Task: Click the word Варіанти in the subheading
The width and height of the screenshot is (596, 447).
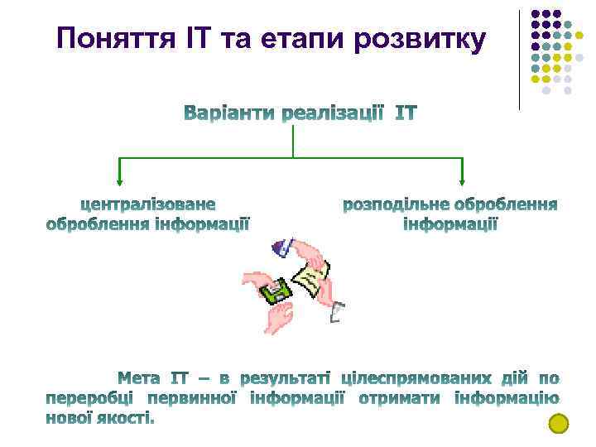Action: click(x=228, y=113)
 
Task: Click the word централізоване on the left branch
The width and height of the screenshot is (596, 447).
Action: click(x=147, y=204)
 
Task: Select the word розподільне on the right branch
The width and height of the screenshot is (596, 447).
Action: click(x=397, y=204)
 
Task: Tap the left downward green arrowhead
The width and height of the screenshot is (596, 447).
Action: click(x=120, y=180)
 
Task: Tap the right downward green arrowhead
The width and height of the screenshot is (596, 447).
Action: click(x=462, y=180)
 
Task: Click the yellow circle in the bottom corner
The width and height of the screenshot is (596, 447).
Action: click(x=560, y=424)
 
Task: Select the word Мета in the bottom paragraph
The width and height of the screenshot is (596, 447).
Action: click(x=140, y=378)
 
